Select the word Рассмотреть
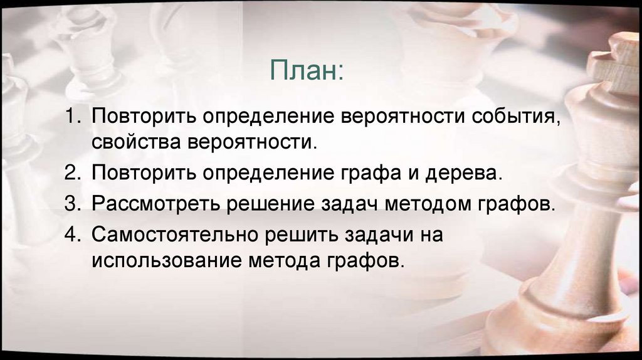point(154,204)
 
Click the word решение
point(278,204)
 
